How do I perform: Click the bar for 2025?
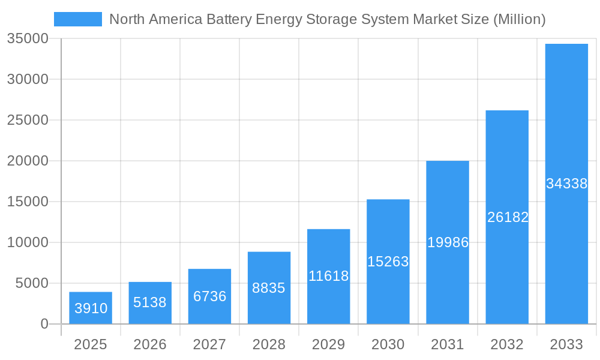pos(90,308)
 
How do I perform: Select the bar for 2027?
pos(209,296)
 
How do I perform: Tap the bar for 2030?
pos(388,262)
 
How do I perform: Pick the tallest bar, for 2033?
pos(566,184)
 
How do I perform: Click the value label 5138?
pos(150,302)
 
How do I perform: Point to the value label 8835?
pos(269,288)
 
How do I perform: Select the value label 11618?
pos(328,276)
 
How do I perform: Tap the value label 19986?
pos(448,242)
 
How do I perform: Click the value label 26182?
pos(508,217)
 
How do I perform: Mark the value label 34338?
pos(566,184)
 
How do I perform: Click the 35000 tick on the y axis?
pos(28,39)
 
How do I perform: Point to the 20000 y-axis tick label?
pos(28,161)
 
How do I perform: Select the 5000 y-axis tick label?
pos(31,283)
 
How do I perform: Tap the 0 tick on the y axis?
pos(44,324)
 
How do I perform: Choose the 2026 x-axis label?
pos(150,344)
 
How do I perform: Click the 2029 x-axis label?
pos(328,344)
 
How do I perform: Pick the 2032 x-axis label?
pos(507,344)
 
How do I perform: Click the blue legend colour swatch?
pos(78,19)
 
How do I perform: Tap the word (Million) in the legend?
pos(519,19)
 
